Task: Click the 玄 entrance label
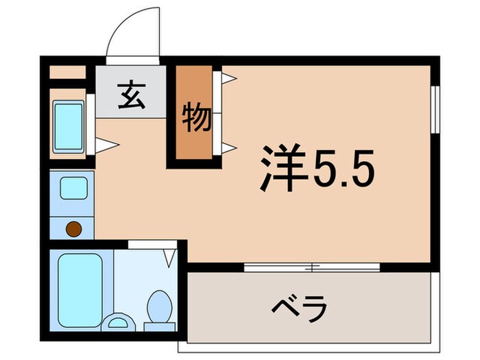132,96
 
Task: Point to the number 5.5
345,169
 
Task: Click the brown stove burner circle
72,228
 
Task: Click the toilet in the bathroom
160,306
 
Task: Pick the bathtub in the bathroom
80,288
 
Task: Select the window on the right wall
434,108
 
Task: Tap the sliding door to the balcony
312,267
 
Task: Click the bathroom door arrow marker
169,258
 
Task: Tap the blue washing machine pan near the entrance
69,126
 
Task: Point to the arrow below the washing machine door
107,145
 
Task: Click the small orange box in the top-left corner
67,71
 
